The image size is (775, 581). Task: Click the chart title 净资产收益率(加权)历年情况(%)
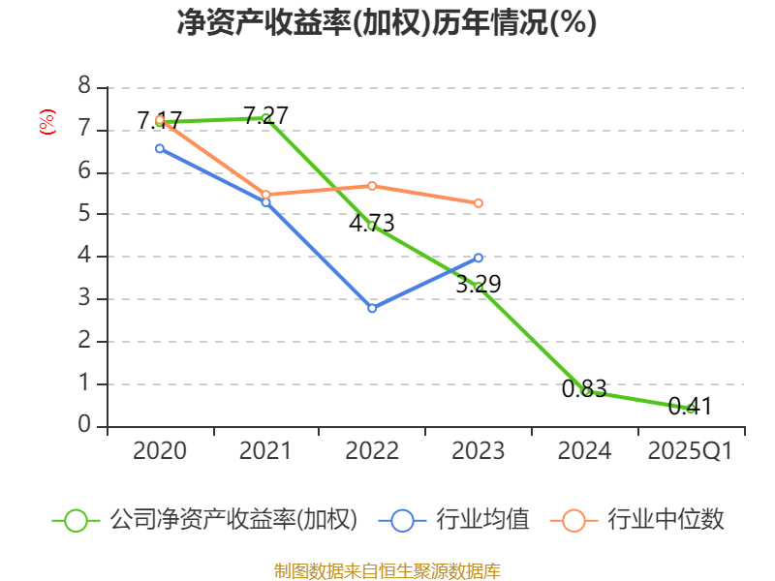(x=387, y=23)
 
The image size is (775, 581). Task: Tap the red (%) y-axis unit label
(x=46, y=122)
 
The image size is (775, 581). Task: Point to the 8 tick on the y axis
(x=84, y=87)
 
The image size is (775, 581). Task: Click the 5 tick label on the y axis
(x=84, y=214)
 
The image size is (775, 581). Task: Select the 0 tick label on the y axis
(x=84, y=425)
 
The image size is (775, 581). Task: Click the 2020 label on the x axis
(x=160, y=451)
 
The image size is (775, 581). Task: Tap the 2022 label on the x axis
(x=372, y=451)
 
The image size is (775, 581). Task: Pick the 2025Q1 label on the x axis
(x=690, y=451)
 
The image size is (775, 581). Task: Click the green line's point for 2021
(x=265, y=118)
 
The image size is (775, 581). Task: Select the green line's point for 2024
(x=585, y=391)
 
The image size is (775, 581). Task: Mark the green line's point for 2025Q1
(x=690, y=409)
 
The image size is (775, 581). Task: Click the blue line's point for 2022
(x=372, y=308)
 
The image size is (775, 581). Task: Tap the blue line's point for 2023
(x=479, y=258)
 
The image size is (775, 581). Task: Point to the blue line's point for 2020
(x=160, y=148)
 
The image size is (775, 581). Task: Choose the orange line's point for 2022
(x=372, y=185)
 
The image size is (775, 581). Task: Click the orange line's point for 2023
(x=479, y=203)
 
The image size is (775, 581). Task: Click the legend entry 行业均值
(x=460, y=520)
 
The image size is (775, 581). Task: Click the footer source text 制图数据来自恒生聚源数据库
(x=387, y=570)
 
